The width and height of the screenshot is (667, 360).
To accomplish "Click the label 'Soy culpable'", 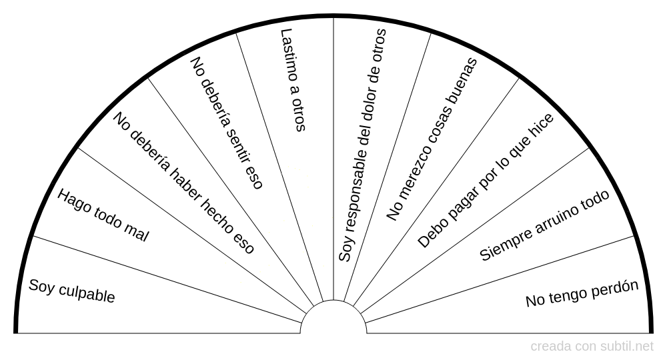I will point(72,291).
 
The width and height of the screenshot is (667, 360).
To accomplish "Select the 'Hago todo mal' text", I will point(103,215).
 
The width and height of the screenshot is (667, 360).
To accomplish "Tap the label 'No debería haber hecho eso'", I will point(183,183).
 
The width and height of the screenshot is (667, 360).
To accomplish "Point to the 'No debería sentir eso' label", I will point(227,123).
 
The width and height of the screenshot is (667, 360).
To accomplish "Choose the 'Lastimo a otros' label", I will point(292,79).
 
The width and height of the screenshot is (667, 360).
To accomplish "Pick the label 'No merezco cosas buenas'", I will point(432,139).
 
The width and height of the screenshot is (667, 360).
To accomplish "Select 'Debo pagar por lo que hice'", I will point(486,181).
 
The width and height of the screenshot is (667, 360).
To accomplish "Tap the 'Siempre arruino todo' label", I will point(545,225).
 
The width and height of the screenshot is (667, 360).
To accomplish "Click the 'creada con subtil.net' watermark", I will point(592,347).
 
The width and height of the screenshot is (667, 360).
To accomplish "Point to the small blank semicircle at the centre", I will point(333,320).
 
